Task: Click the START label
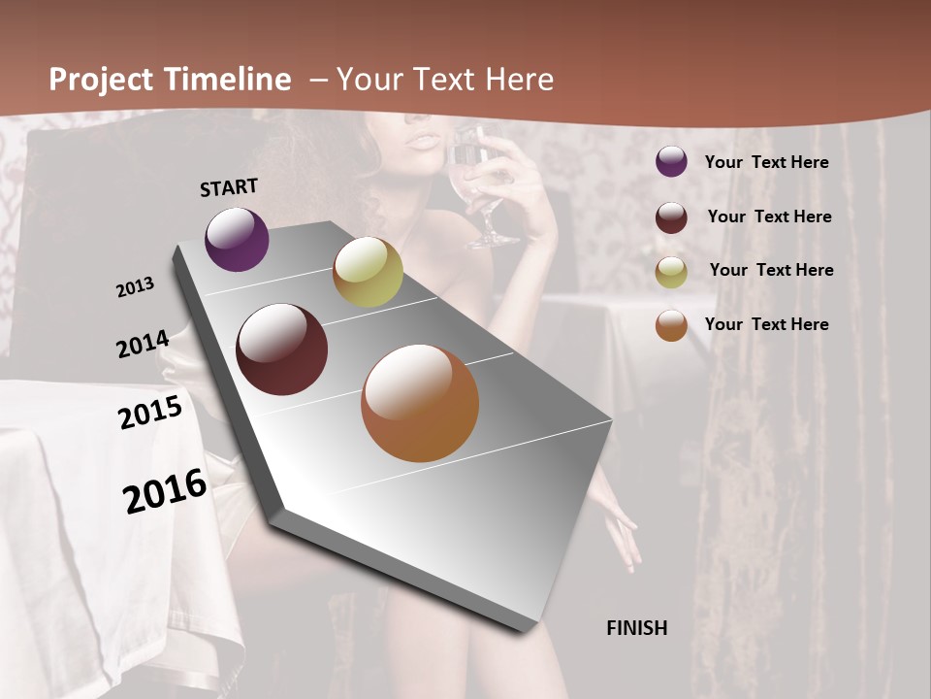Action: pos(229,187)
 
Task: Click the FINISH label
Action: pos(637,628)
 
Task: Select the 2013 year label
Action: pos(135,287)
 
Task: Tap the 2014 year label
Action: pos(143,345)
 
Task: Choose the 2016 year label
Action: pos(165,491)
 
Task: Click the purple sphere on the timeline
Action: pos(238,239)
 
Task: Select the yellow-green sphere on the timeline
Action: pos(368,273)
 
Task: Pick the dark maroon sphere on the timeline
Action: pos(282,349)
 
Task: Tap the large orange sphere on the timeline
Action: pos(420,403)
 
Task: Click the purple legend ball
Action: pos(671,162)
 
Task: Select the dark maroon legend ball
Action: pos(671,217)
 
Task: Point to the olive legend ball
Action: pos(671,272)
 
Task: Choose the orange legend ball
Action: pos(671,325)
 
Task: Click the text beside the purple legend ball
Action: pos(766,163)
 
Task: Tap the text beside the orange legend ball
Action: pos(766,324)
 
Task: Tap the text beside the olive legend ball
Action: pos(771,270)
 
